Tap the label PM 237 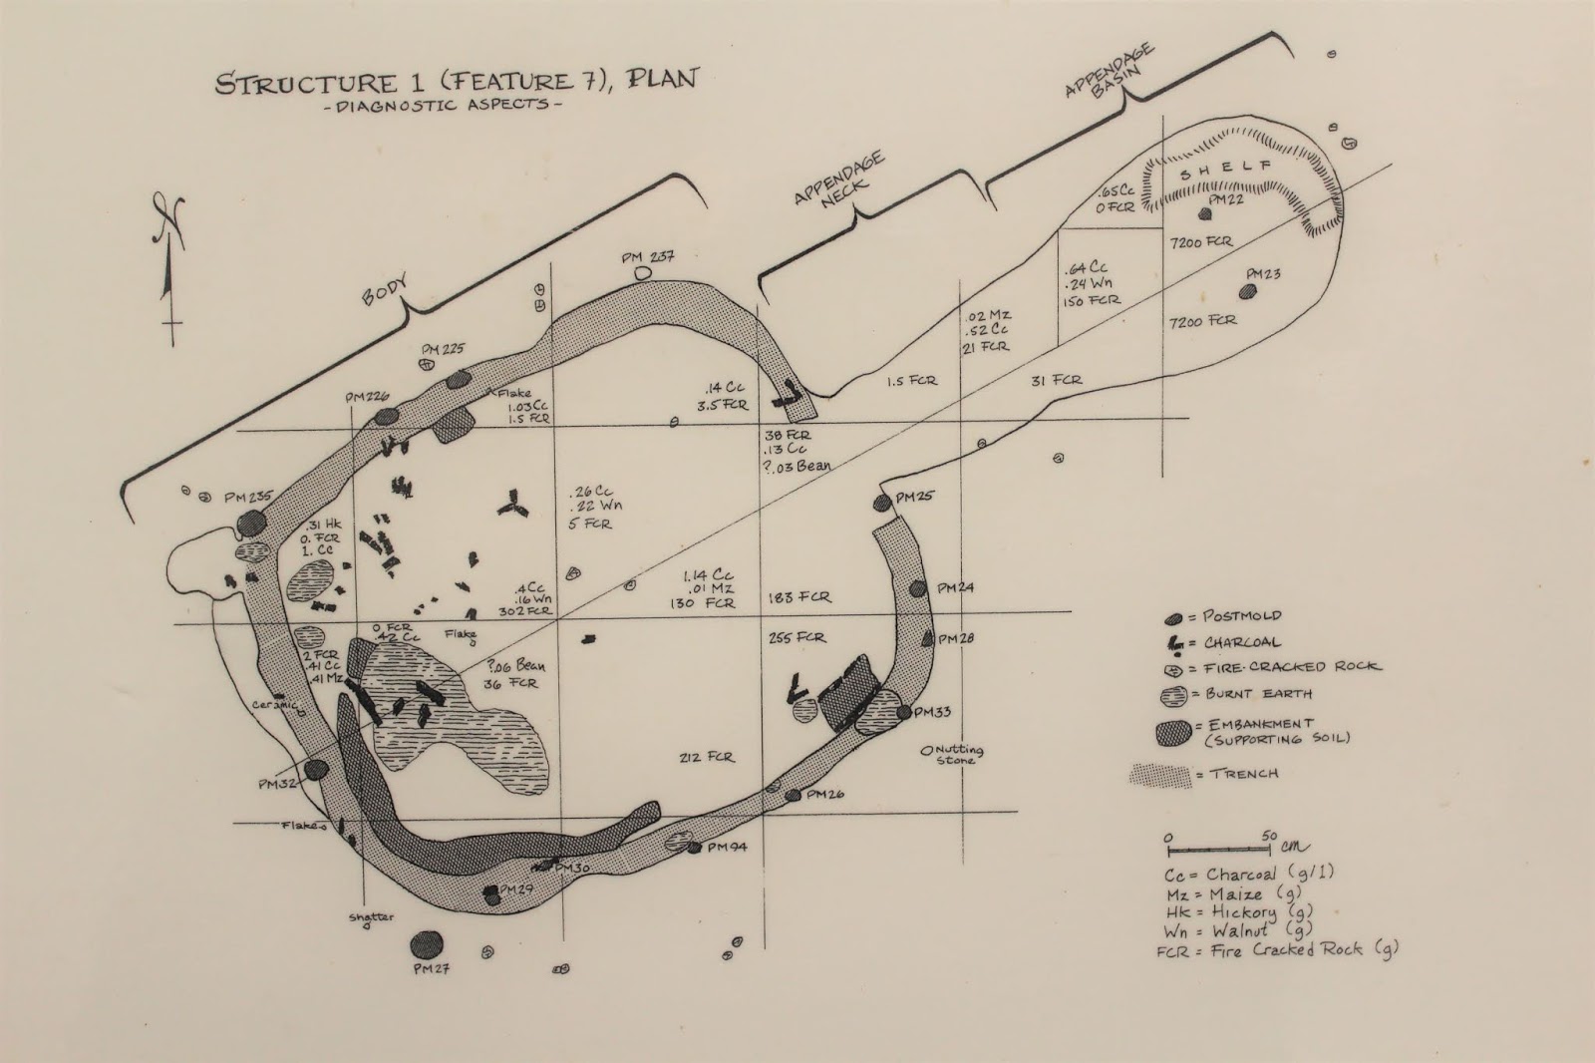tap(648, 256)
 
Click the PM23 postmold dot tap(1246, 291)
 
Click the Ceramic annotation tap(275, 704)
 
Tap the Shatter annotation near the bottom tap(369, 917)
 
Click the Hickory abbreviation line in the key tap(1229, 911)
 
